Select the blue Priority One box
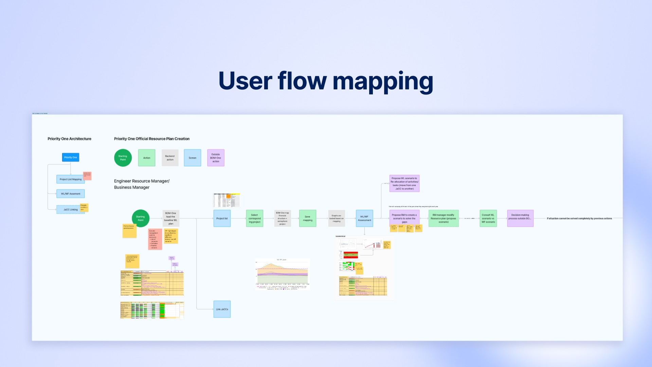tap(71, 157)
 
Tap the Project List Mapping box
tap(70, 179)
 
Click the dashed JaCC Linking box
tap(70, 210)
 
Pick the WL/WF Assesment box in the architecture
tap(71, 194)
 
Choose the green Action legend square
tap(147, 158)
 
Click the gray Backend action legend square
tap(170, 158)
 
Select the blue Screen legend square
tap(193, 158)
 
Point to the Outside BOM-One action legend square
tap(216, 158)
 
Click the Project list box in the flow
tap(222, 219)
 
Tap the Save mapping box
tap(308, 219)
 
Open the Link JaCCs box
tap(222, 309)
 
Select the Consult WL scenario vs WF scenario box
tap(488, 219)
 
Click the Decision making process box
tap(520, 219)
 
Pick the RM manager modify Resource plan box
tap(443, 219)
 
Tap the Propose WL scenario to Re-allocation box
tap(404, 183)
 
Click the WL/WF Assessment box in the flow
tap(364, 219)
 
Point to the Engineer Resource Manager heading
tap(142, 184)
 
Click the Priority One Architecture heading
tap(69, 139)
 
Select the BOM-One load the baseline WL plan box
tap(171, 219)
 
